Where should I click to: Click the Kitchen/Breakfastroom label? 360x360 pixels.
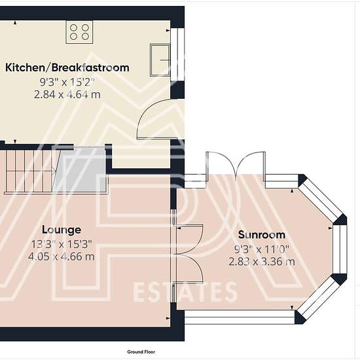click(x=67, y=67)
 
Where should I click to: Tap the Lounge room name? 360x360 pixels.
click(x=62, y=230)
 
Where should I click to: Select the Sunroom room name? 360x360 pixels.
click(x=262, y=234)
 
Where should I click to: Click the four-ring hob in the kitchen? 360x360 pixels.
click(x=79, y=32)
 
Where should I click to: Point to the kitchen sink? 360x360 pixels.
click(x=160, y=60)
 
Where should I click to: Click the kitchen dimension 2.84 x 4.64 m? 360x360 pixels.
click(x=67, y=94)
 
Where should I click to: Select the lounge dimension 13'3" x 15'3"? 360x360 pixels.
click(x=62, y=244)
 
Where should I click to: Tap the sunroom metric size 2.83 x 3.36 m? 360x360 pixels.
click(x=262, y=262)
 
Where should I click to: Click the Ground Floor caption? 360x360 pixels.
click(x=141, y=351)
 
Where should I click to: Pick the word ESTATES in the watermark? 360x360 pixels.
click(x=185, y=293)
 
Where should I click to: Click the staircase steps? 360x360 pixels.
click(x=29, y=170)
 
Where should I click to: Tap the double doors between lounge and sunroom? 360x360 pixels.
click(x=189, y=254)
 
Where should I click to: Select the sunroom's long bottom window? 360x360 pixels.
click(x=240, y=317)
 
